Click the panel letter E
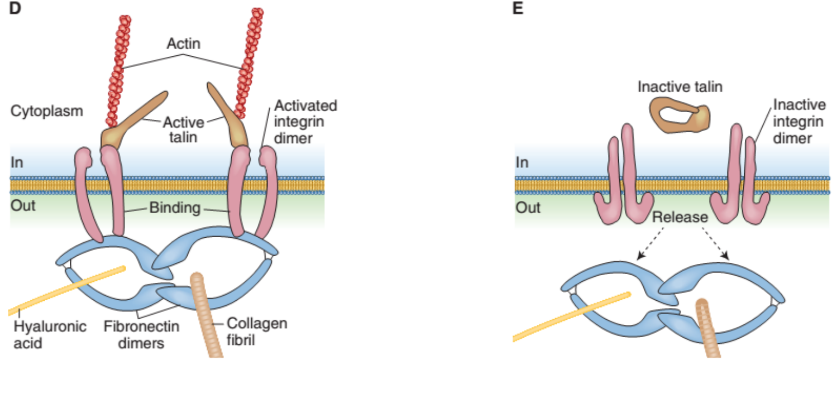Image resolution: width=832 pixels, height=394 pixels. (x=518, y=9)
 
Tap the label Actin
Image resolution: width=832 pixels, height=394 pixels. (x=184, y=44)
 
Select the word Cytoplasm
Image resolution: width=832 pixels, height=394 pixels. (x=46, y=110)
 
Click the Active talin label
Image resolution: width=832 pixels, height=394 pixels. (x=184, y=129)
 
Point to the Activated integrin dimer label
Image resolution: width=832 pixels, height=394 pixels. (x=305, y=121)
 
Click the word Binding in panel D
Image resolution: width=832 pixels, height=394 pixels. (x=174, y=209)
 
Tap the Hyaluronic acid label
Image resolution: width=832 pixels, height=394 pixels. (x=50, y=334)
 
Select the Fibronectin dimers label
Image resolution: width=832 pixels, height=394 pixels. (x=142, y=334)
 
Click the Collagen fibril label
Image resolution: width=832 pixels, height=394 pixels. (x=257, y=331)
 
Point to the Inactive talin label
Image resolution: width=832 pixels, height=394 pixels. (x=680, y=87)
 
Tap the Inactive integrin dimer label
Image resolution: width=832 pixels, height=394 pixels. (x=799, y=121)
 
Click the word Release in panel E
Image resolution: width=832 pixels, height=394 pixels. (x=680, y=217)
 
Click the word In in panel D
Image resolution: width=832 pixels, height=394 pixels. (x=18, y=162)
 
